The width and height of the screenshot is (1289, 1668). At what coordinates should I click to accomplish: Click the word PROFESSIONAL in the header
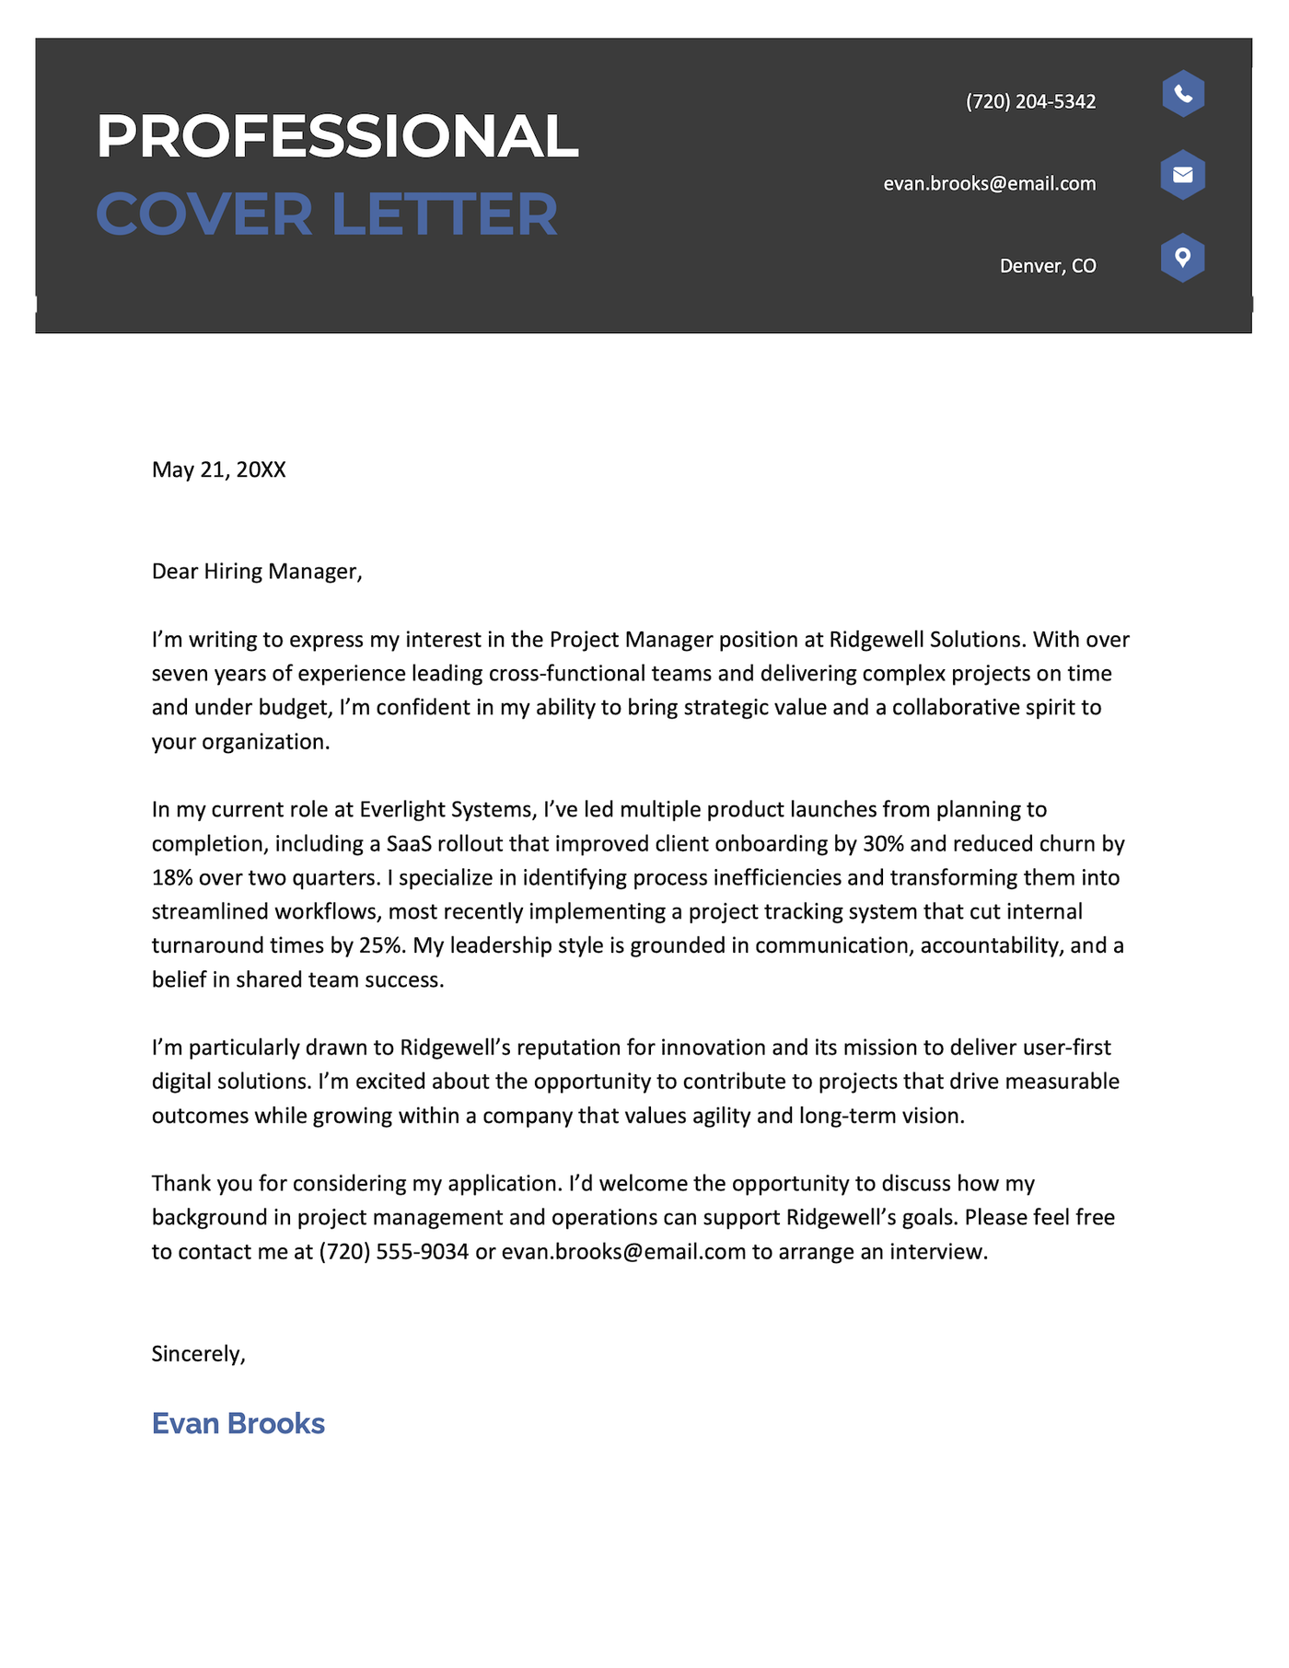tap(337, 137)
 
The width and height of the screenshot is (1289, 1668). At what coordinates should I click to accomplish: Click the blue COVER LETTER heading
tap(327, 214)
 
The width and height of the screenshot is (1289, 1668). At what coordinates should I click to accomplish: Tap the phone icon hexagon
tap(1182, 94)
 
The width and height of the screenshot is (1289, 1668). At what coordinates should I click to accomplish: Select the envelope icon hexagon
tap(1182, 175)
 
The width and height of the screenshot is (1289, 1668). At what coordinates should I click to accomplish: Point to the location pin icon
tap(1182, 258)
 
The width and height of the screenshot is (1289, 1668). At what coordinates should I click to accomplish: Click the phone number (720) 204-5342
tap(1030, 102)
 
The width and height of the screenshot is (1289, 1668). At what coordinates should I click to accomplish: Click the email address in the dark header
tap(989, 184)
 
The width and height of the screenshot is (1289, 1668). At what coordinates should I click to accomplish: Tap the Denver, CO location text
tap(1047, 267)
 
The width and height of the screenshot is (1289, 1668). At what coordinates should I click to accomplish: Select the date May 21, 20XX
tap(219, 470)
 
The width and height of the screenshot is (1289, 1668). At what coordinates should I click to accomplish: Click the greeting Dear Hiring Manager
tap(256, 572)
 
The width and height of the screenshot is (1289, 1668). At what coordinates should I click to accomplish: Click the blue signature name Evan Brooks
tap(238, 1424)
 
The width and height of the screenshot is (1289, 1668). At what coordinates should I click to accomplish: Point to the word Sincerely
tap(198, 1354)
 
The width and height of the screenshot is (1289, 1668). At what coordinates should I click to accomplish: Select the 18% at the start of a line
tap(172, 878)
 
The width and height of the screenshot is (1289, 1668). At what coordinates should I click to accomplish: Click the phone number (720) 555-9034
tap(394, 1252)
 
